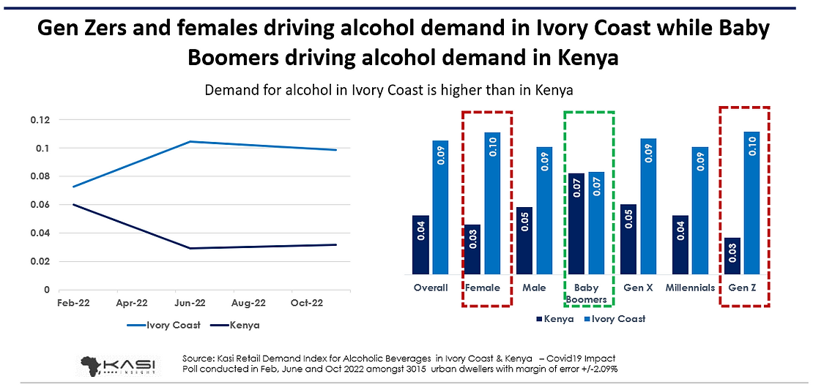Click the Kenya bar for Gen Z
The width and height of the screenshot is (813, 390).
(732, 255)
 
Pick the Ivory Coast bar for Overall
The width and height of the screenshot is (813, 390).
(439, 207)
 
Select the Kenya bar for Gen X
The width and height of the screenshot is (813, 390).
(628, 239)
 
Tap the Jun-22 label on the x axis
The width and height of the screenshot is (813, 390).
(190, 302)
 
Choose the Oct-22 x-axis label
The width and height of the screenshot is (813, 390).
(306, 302)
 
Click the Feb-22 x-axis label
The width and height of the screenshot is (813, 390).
(74, 302)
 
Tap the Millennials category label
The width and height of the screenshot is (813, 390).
(690, 288)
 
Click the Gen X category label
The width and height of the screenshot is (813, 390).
(637, 288)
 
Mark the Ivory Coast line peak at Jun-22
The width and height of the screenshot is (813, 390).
(190, 142)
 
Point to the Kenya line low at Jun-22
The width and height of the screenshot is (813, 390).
(190, 248)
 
